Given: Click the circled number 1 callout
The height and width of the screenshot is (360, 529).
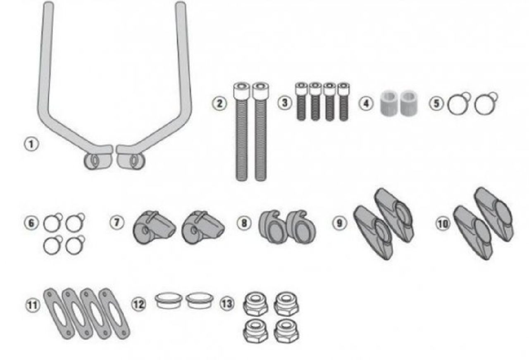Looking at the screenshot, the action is point(31,144).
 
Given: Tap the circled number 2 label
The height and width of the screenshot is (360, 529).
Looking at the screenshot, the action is point(219,104).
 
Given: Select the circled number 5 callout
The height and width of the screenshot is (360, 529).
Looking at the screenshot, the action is point(436,104).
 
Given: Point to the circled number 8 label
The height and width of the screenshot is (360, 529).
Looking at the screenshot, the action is point(244,223).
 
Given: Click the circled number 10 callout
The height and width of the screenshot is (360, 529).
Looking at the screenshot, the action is point(443,224).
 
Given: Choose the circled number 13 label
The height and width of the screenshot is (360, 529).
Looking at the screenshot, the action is point(227,303).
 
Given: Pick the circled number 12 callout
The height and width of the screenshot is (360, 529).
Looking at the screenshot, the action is point(138,304).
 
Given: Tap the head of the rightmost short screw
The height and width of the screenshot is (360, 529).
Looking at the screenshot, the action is point(343,89).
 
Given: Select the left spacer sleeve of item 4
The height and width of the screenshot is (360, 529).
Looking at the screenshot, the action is point(388,103).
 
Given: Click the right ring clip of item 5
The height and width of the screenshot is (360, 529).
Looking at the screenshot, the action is point(486,104).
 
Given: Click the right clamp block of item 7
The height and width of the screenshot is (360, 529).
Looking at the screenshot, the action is point(203,227).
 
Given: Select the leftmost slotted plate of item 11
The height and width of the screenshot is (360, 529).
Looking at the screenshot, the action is point(59,314).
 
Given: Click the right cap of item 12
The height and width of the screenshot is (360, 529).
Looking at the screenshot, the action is point(199,300).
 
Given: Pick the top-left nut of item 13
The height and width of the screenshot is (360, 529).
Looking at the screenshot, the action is point(255,304).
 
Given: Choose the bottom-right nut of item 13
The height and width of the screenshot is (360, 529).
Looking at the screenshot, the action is point(286,331).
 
